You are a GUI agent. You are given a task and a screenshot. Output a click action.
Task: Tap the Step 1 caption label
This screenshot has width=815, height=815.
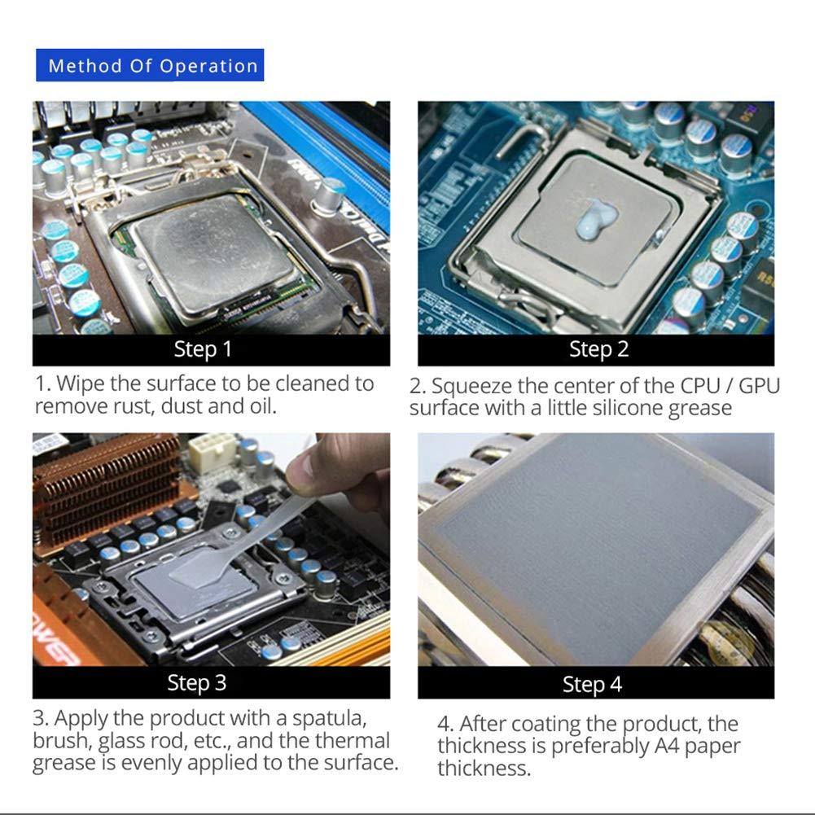coord(203,350)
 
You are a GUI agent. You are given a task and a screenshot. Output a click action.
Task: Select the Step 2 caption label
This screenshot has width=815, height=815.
coord(598,350)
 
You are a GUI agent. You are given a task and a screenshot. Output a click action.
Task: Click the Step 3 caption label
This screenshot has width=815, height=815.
coord(196,682)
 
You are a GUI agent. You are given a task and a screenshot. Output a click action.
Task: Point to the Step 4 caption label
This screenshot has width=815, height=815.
coord(592,685)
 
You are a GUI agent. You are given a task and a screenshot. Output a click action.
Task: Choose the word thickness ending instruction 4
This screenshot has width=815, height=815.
coord(482,769)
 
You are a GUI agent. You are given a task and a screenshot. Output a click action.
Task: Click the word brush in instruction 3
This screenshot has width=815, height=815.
coord(62,741)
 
